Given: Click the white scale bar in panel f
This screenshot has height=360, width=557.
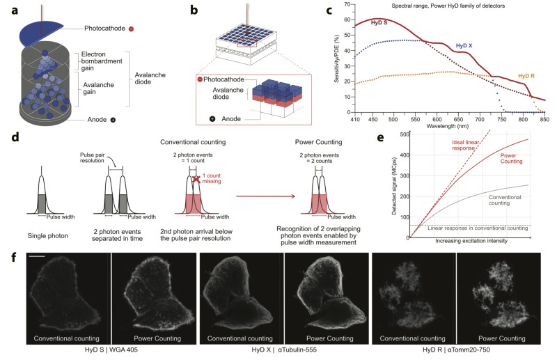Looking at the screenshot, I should (38, 258).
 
